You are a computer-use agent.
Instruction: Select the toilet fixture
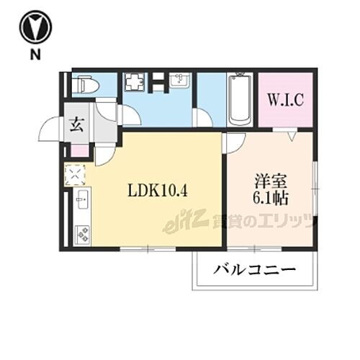(85, 86)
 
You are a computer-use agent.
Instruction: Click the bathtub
(238, 101)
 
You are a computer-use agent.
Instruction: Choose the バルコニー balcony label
(254, 271)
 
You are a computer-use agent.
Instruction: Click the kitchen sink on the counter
(81, 197)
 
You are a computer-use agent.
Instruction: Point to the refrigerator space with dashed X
(76, 175)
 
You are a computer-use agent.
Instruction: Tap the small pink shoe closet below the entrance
(77, 151)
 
